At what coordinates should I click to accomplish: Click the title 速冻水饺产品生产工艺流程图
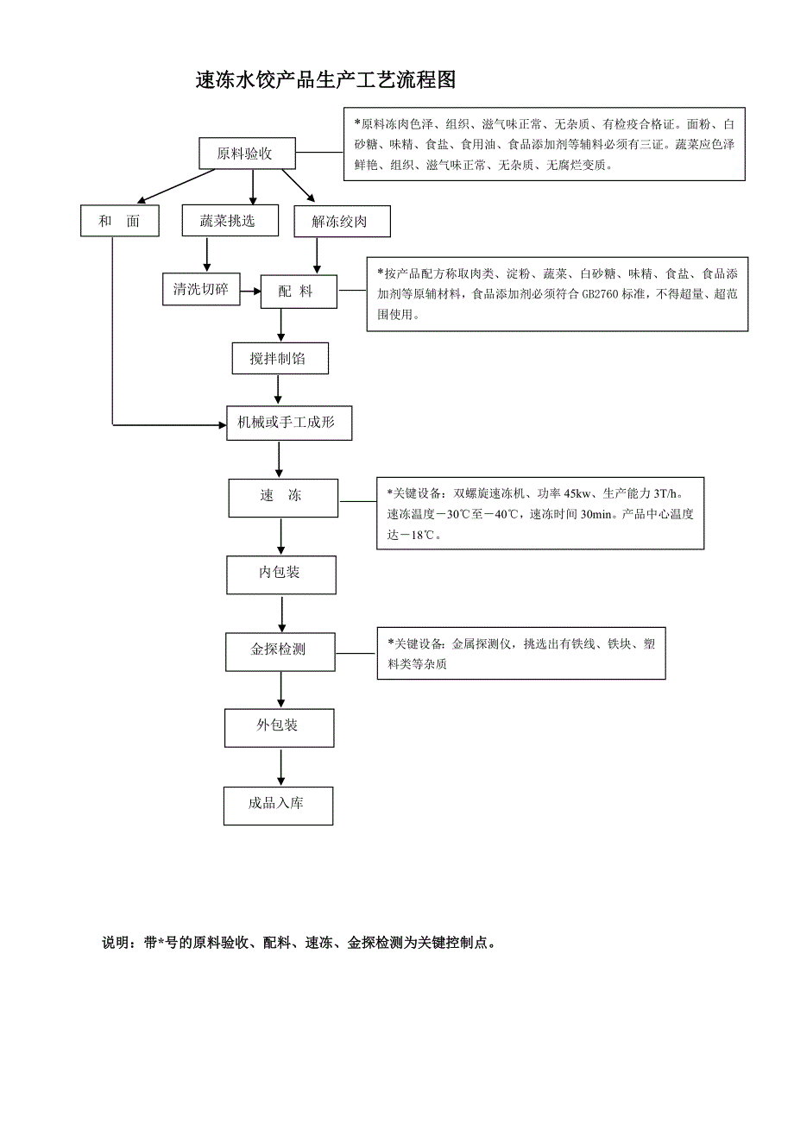click(x=325, y=81)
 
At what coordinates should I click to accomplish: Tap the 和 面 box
click(x=120, y=221)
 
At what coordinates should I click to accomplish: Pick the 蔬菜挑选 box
click(x=230, y=221)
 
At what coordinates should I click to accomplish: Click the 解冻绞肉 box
click(x=343, y=222)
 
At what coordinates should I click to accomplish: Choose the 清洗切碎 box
click(x=200, y=289)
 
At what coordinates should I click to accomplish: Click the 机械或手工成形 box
click(x=289, y=423)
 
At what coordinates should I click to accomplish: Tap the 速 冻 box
click(x=282, y=497)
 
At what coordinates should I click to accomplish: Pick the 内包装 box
click(x=280, y=574)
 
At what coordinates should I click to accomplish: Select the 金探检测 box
click(x=280, y=650)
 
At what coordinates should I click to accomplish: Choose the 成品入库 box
click(x=278, y=804)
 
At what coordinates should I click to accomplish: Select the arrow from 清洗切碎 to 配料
click(x=250, y=292)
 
